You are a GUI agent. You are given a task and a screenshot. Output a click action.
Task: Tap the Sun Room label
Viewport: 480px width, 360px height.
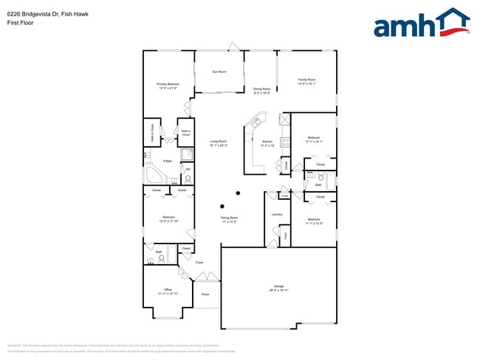[219, 72]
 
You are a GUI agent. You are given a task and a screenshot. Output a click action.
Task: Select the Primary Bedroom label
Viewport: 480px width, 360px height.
[168, 86]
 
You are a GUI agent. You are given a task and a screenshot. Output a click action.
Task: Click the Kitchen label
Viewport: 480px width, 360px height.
[267, 142]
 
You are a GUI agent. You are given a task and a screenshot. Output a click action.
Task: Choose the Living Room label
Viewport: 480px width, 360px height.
[218, 142]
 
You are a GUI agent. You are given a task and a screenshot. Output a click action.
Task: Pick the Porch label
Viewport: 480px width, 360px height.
[205, 294]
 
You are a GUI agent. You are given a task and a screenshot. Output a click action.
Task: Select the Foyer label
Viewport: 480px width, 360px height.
[199, 263]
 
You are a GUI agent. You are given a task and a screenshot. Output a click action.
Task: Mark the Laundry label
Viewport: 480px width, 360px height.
[278, 215]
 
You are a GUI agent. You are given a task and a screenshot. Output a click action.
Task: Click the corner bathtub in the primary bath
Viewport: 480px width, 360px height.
[155, 176]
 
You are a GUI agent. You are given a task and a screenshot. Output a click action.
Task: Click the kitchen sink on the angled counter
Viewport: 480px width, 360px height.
[258, 119]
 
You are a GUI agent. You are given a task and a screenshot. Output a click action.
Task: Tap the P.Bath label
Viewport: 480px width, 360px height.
[168, 161]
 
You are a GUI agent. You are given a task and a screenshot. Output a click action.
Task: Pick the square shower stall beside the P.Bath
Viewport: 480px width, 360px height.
[188, 154]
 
